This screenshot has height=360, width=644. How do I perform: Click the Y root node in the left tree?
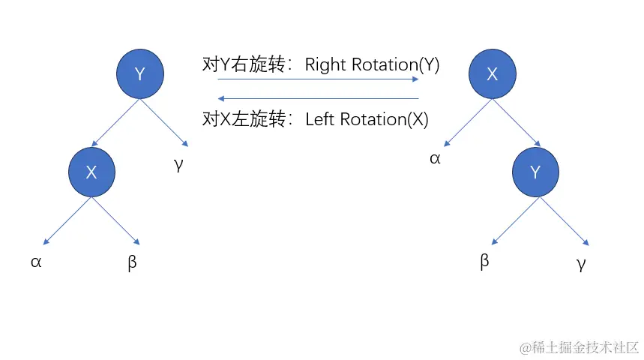pos(139,73)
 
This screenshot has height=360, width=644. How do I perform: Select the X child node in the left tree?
pos(91,172)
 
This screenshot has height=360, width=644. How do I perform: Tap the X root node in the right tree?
pos(492,73)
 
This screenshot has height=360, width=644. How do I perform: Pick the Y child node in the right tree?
pos(535,172)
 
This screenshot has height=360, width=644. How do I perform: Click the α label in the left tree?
pos(36,262)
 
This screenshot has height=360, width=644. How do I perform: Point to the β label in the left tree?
pos(132,263)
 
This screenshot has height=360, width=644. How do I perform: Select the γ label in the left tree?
pos(178,165)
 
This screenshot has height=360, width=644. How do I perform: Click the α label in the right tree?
pos(435,158)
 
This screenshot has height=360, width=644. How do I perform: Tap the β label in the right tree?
pos(484,262)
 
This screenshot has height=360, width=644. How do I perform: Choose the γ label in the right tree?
pos(581,263)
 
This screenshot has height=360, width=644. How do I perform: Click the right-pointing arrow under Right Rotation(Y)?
pos(318,79)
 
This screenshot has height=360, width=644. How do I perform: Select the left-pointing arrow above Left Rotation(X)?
pos(318,98)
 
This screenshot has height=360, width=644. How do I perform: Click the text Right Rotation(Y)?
pos(372,64)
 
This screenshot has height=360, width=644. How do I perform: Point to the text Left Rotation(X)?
pos(367,119)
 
